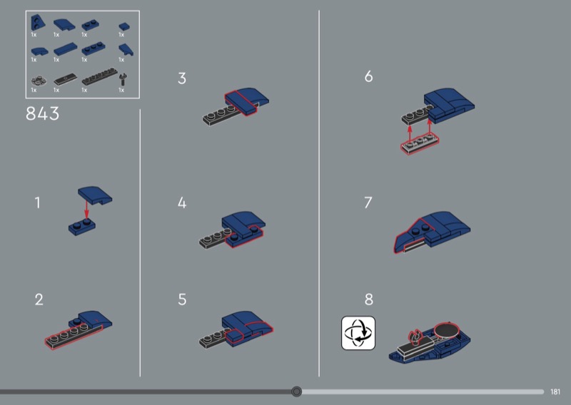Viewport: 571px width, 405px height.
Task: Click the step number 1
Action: [37, 202]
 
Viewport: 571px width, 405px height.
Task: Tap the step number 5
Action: [182, 299]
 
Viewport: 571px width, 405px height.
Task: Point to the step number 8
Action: [368, 299]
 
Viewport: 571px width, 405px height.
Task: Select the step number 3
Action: [182, 78]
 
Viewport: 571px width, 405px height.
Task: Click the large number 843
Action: [42, 113]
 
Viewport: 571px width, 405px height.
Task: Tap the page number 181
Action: [555, 392]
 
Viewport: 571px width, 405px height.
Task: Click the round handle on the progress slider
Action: [296, 391]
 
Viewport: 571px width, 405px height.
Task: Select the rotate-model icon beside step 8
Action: [358, 333]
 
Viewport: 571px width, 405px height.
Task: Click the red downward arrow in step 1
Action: [86, 209]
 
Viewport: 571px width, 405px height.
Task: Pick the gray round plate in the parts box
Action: [39, 81]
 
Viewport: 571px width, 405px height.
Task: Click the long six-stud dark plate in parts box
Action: [99, 77]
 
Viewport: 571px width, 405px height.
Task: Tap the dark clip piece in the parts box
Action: [123, 79]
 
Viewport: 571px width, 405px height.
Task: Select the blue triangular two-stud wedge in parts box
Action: [38, 23]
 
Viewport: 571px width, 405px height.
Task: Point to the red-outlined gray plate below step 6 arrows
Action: [420, 144]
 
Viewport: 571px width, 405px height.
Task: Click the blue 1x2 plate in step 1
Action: [82, 227]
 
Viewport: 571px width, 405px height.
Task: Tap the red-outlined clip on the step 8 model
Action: [415, 337]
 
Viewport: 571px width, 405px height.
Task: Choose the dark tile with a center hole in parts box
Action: [66, 78]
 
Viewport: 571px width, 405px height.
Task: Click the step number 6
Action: [368, 76]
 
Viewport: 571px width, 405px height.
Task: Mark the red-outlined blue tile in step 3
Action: [241, 103]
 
